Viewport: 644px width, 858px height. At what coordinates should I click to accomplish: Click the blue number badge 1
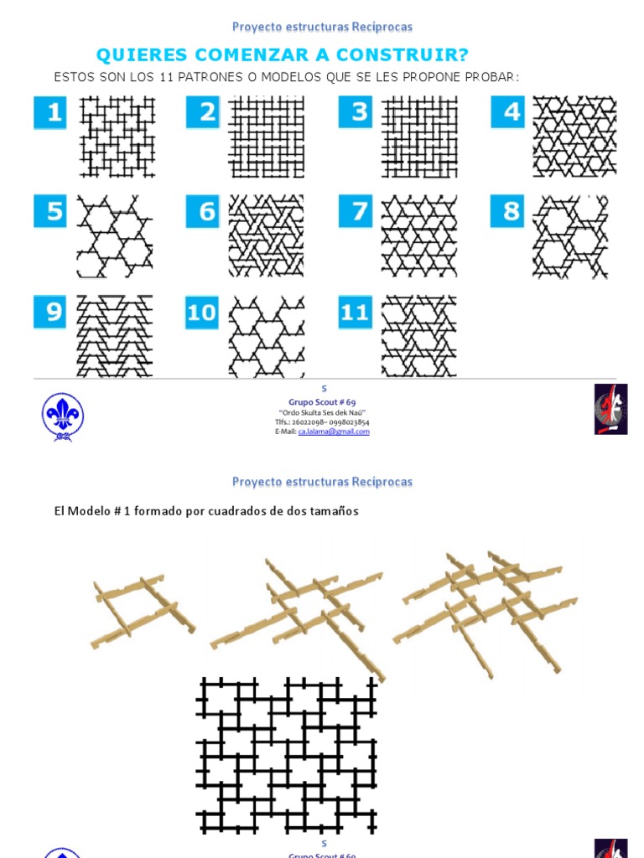click(51, 112)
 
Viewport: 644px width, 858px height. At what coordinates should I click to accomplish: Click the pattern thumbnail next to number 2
click(267, 136)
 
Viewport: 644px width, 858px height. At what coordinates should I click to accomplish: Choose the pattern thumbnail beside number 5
click(115, 236)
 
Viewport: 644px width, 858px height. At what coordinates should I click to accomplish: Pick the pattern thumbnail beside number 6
click(267, 236)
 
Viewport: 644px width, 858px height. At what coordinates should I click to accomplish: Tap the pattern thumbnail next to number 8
click(570, 236)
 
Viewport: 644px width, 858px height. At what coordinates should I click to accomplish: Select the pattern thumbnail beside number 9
click(115, 336)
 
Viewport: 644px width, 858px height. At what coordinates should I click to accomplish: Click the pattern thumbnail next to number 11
click(419, 336)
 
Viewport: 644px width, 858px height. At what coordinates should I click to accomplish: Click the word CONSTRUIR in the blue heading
click(402, 55)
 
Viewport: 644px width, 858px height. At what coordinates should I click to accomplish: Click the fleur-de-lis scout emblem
click(63, 416)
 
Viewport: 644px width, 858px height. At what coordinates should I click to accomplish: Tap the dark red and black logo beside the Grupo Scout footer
click(610, 409)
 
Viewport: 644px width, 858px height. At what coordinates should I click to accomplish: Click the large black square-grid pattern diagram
click(287, 754)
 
